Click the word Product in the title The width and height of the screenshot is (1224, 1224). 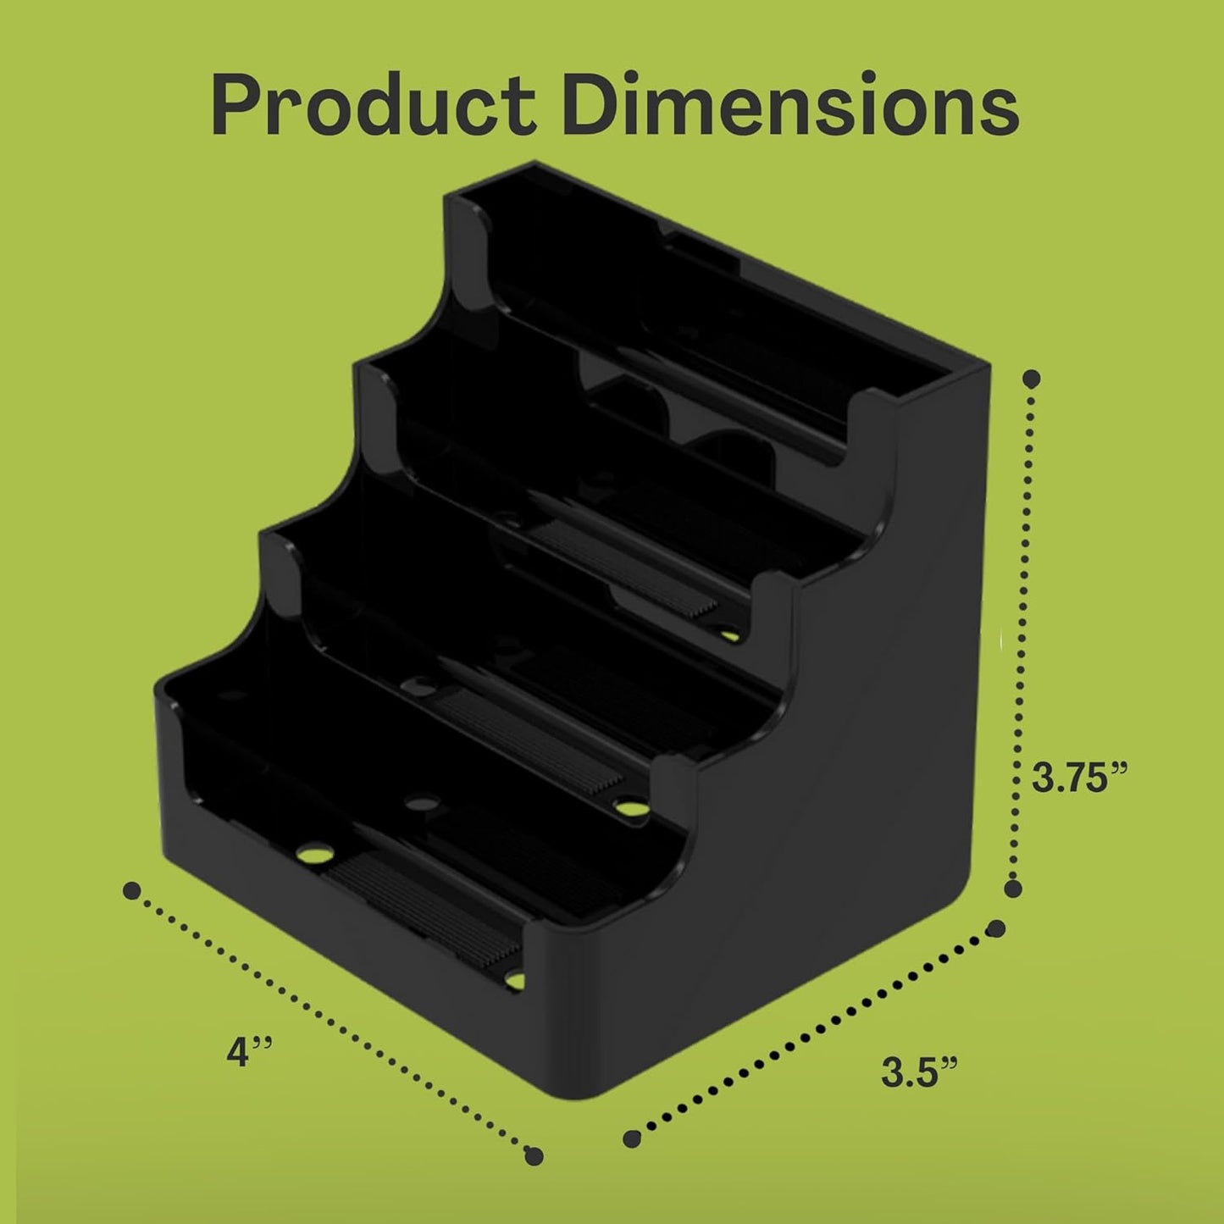373,106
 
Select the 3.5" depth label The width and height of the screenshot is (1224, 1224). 919,1072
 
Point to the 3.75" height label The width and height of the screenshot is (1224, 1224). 1080,777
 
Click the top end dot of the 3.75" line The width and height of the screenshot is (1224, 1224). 1032,379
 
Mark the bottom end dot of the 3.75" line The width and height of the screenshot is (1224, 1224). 1012,888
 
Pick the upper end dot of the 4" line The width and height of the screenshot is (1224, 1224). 131,890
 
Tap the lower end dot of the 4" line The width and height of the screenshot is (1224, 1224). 534,1155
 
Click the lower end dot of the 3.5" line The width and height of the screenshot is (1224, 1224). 631,1139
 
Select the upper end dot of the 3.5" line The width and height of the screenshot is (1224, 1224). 997,928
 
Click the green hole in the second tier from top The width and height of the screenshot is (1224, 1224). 728,633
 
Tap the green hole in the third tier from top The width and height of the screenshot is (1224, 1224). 631,807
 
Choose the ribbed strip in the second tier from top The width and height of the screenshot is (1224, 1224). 627,568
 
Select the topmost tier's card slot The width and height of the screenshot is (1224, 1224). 678,322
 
